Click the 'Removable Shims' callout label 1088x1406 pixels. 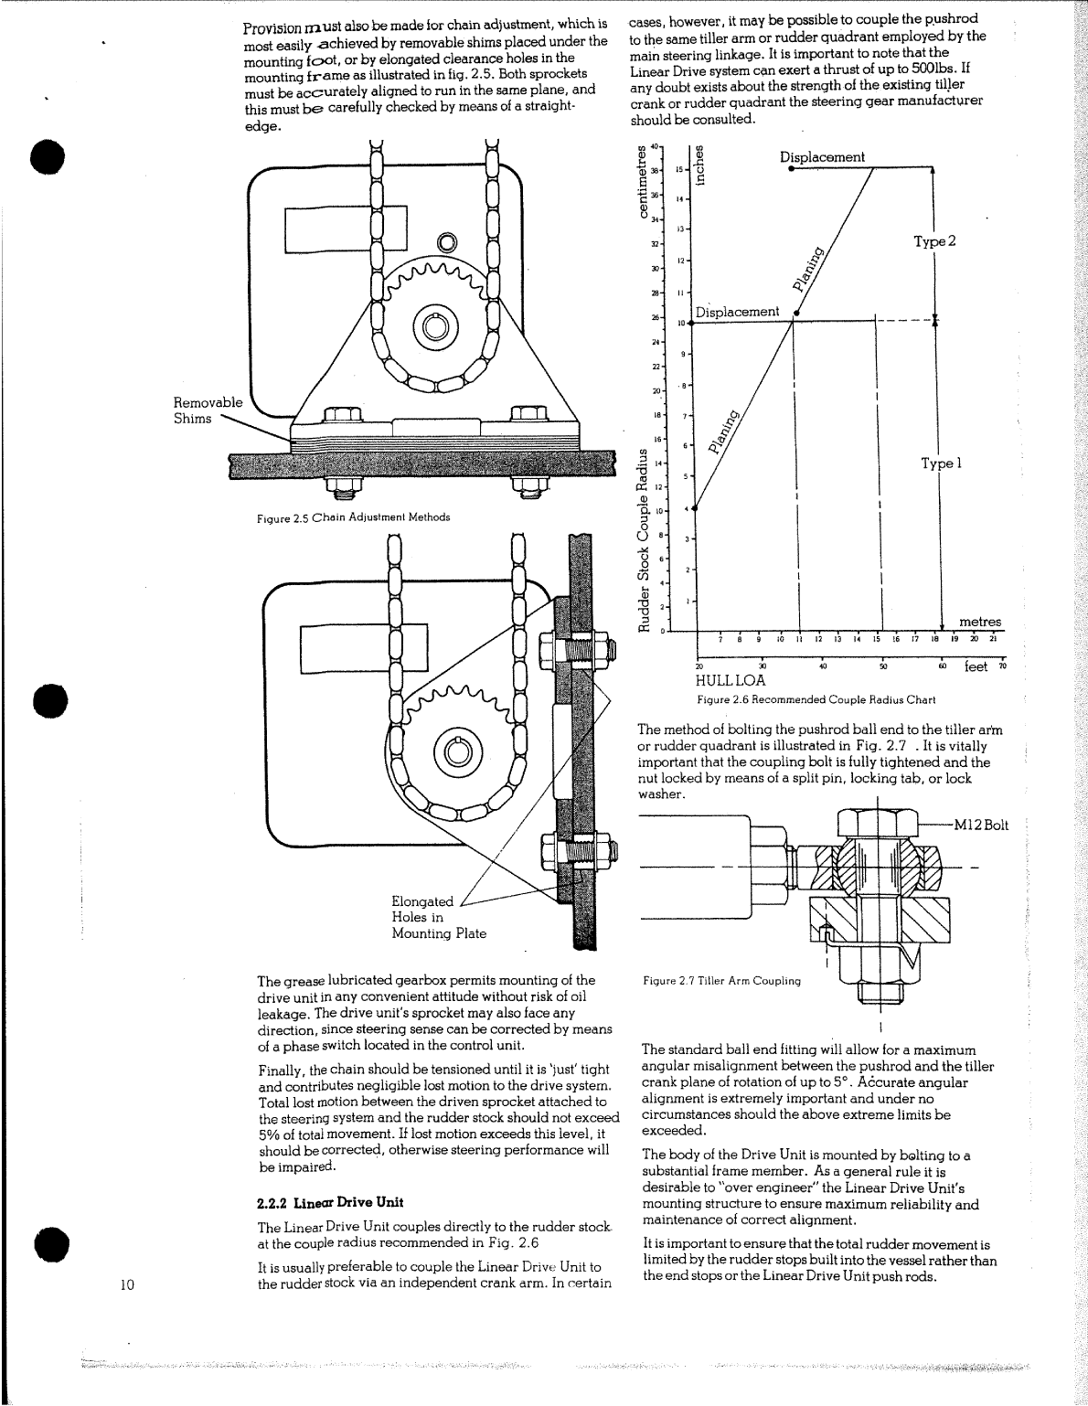[208, 410]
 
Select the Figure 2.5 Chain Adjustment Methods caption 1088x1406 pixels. [353, 517]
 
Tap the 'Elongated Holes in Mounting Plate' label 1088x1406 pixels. [439, 917]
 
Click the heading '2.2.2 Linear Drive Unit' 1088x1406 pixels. [330, 1201]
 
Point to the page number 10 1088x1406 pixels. [128, 1284]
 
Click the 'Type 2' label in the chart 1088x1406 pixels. [934, 241]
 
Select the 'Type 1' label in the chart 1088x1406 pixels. [942, 463]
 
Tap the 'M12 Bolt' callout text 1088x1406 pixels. [980, 825]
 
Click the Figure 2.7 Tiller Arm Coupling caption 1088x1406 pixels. [720, 981]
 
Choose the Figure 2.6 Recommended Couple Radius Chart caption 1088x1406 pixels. [816, 700]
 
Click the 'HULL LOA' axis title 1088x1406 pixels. [731, 681]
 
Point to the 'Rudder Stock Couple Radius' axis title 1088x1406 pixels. [644, 538]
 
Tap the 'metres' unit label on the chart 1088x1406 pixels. [980, 622]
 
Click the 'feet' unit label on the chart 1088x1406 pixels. [976, 667]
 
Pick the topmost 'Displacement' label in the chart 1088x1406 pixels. [822, 157]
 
